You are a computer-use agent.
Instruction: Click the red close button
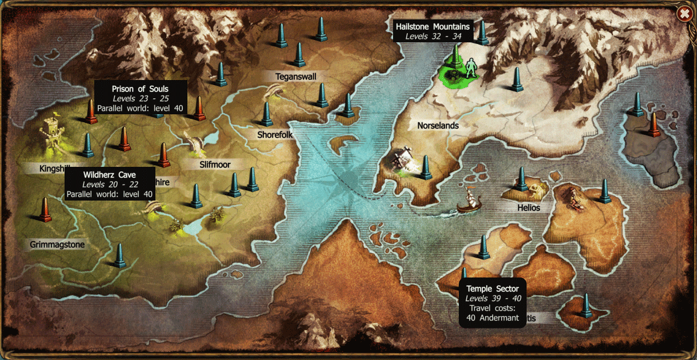(683, 13)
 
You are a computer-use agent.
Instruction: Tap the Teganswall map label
(295, 76)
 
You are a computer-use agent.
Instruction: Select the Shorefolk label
(275, 135)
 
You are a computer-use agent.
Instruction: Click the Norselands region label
(438, 125)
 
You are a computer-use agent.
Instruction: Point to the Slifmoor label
(215, 165)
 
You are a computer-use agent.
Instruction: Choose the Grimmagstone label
(57, 245)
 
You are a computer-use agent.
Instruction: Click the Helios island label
(528, 207)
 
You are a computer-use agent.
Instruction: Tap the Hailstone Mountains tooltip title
(432, 27)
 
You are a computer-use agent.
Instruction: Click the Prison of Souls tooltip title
(140, 89)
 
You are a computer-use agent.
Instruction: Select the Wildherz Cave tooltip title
(109, 175)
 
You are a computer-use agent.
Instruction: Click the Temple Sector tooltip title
(492, 289)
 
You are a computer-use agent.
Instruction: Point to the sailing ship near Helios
(469, 201)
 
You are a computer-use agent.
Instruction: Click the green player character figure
(471, 69)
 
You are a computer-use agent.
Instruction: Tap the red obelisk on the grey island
(654, 125)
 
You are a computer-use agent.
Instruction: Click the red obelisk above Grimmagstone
(45, 210)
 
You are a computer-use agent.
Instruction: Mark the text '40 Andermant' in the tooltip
(492, 318)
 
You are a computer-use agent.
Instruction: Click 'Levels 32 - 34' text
(432, 36)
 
